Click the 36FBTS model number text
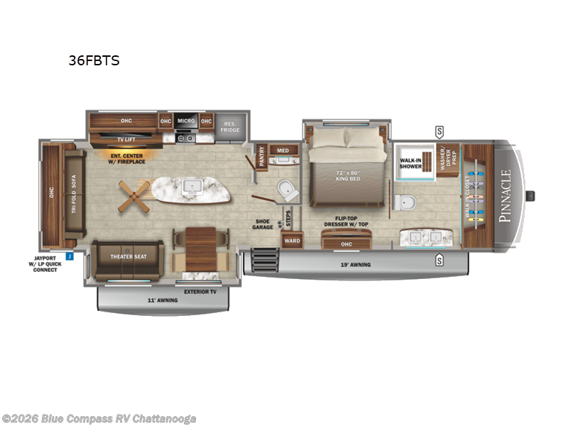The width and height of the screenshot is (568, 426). tap(94, 60)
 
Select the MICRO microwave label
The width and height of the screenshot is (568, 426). tap(186, 121)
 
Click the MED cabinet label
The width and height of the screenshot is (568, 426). tap(283, 150)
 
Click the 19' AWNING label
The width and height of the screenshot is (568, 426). tap(355, 265)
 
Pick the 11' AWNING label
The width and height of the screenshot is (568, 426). tap(163, 300)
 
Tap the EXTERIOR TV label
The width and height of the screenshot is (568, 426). tap(200, 291)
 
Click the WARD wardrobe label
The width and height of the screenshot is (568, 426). tap(293, 241)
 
